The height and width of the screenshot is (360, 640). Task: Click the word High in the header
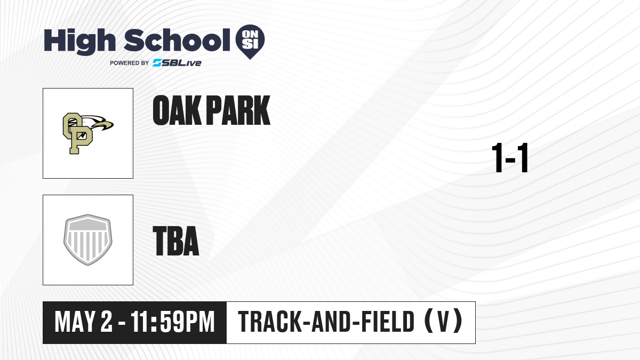(79, 41)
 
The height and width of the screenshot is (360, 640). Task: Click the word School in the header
(177, 40)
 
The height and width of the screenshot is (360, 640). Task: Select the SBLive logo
(177, 63)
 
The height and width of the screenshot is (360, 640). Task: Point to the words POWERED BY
(130, 63)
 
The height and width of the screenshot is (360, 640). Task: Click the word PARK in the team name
(238, 110)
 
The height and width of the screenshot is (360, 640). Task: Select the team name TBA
(176, 241)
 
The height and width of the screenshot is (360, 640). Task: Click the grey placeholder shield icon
(88, 239)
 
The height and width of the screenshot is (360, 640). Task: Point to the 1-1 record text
(510, 158)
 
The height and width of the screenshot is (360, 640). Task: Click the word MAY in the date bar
(75, 322)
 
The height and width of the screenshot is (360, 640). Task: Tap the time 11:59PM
(173, 322)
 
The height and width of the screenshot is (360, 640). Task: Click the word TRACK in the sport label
(269, 322)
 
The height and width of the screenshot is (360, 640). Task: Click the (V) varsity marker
(443, 321)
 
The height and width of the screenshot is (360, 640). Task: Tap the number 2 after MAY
(106, 322)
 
